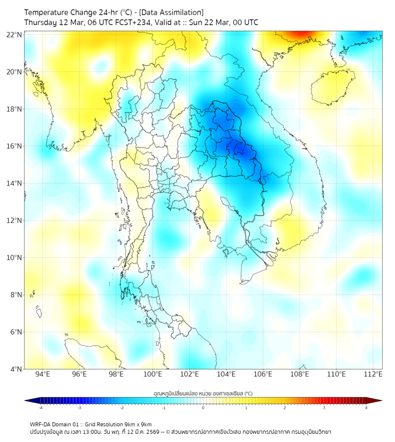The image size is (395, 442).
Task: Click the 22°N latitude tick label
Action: pos(15,34)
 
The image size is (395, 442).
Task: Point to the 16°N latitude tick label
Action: pos(15,146)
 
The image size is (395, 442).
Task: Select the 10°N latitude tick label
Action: pos(15,258)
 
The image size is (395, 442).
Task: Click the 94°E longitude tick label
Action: pos(43,374)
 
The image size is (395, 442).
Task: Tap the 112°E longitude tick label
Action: pos(373,374)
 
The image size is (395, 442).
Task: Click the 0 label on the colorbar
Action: pos(203,408)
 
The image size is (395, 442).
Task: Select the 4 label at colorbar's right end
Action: pos(366,408)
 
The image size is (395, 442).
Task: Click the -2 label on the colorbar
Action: pos(122,408)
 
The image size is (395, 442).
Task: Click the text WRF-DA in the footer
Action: pos(41,424)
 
